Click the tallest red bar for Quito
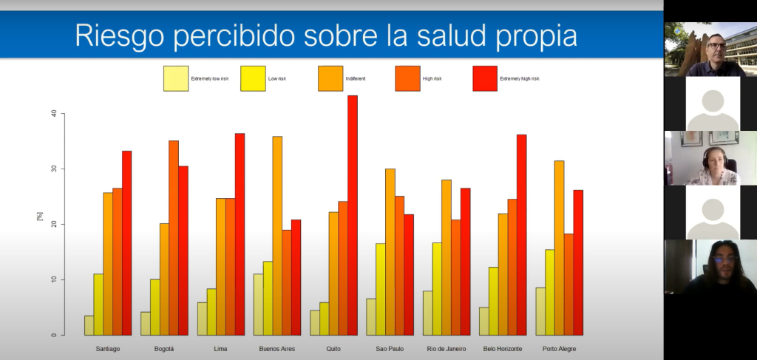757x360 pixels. click(x=353, y=214)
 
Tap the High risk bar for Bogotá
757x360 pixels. click(x=174, y=237)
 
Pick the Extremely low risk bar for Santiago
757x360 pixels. click(x=89, y=325)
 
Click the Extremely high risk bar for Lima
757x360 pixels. click(x=240, y=234)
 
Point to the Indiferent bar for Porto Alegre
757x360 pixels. click(x=560, y=248)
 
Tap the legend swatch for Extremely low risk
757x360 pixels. click(x=176, y=78)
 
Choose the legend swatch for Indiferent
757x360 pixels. click(x=330, y=78)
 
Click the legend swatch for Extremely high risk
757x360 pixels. click(x=484, y=78)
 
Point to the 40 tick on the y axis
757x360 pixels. click(x=52, y=114)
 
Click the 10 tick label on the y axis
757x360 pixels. click(x=52, y=279)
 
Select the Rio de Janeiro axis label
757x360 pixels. click(x=447, y=349)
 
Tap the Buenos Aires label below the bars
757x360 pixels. click(x=277, y=349)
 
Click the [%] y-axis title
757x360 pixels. click(x=40, y=216)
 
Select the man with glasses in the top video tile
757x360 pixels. click(x=714, y=52)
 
